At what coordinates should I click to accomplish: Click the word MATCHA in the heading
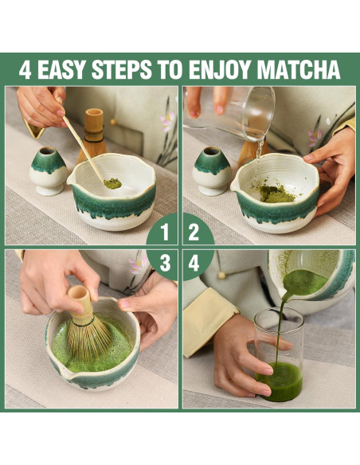(299, 70)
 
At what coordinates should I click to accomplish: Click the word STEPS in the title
(122, 70)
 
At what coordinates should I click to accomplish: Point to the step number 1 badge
(164, 232)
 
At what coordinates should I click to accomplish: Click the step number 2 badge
(196, 232)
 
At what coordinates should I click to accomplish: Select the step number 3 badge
(164, 263)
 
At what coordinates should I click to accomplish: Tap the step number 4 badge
(196, 264)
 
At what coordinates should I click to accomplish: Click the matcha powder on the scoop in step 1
(112, 184)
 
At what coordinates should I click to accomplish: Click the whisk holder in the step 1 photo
(49, 171)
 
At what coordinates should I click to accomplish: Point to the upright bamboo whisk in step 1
(93, 135)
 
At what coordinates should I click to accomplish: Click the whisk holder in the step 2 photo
(211, 171)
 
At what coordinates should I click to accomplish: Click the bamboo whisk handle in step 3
(80, 299)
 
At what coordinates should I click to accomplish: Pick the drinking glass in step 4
(279, 354)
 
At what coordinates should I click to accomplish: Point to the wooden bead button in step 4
(221, 275)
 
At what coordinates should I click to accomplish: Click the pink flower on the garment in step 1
(167, 121)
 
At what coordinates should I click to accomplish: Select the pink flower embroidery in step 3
(139, 265)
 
